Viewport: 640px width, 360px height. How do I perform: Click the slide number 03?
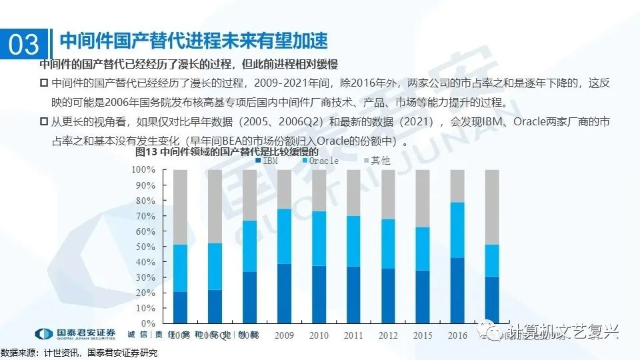coord(24,44)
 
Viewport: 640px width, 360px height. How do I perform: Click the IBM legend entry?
coord(266,161)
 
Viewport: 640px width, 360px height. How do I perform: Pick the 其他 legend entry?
coord(377,161)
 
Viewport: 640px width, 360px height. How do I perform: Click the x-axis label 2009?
coord(285,335)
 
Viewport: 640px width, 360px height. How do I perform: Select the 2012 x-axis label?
coord(389,335)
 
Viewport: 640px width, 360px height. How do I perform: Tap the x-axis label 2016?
coord(458,335)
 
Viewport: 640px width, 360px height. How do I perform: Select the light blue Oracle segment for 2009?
coord(284,236)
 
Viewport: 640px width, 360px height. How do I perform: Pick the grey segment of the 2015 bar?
coord(423,199)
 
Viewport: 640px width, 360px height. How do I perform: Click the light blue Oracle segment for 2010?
coord(319,239)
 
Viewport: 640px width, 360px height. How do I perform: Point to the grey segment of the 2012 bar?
coord(388,195)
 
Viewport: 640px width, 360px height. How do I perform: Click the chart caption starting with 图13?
coord(200,151)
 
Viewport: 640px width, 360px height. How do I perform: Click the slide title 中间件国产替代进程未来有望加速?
coord(194,41)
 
